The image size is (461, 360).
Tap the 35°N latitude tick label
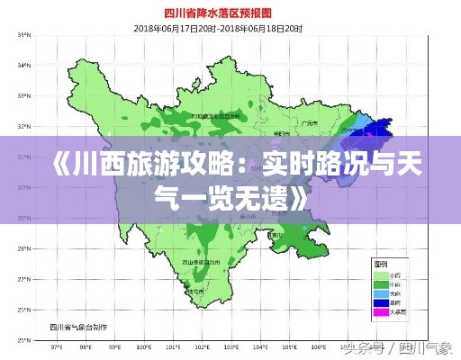click(23, 35)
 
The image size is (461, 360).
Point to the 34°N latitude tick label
click(23, 66)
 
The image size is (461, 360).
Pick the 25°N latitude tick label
click(23, 341)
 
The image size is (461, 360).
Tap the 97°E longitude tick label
click(57, 347)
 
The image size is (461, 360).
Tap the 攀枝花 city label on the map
click(193, 291)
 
